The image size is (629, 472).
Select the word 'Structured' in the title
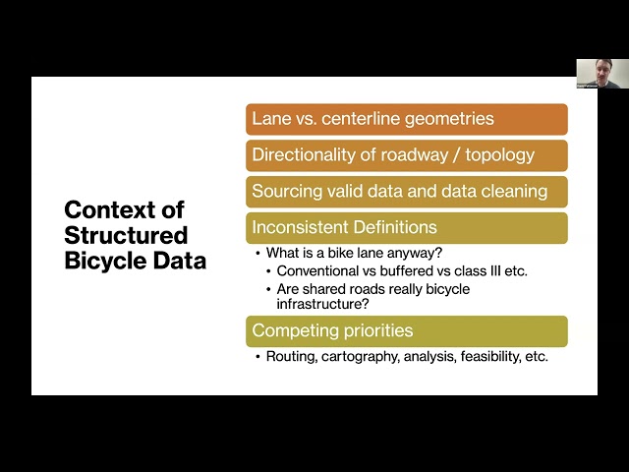pyautogui.click(x=125, y=236)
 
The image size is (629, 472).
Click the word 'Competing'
pyautogui.click(x=293, y=330)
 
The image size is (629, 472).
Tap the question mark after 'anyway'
pyautogui.click(x=440, y=253)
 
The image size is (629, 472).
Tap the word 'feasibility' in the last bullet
pyautogui.click(x=480, y=357)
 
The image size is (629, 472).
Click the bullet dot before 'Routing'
pyautogui.click(x=257, y=357)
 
